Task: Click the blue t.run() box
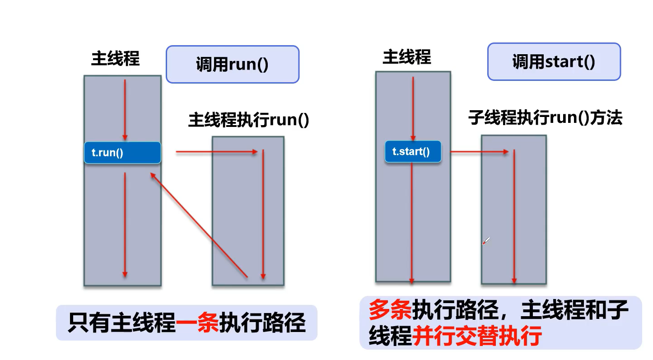[122, 153]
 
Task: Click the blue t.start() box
[413, 151]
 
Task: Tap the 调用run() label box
[232, 64]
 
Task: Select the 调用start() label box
[554, 62]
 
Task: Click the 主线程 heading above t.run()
[116, 58]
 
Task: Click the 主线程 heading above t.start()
[407, 57]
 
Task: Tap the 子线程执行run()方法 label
[545, 118]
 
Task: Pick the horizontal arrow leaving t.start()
[479, 152]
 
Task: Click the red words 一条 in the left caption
[197, 323]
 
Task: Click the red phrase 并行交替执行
[477, 336]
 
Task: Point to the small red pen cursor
[486, 241]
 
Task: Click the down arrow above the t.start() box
[412, 108]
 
